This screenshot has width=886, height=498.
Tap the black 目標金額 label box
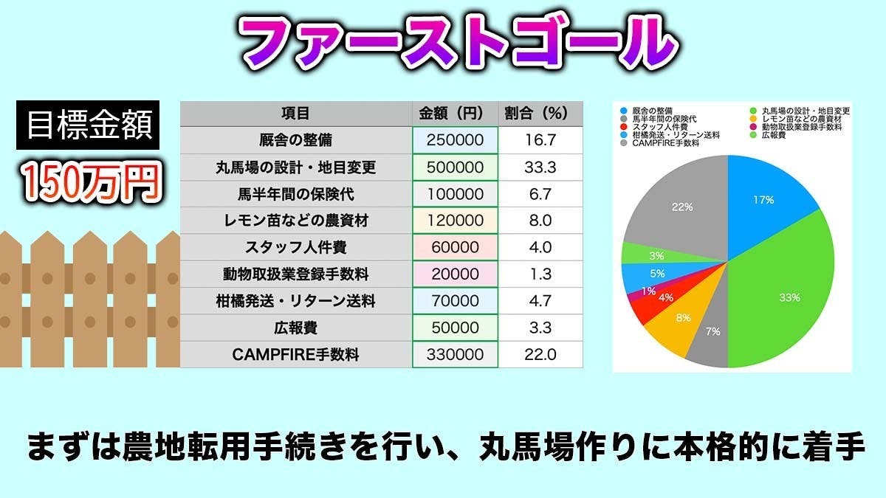tap(88, 125)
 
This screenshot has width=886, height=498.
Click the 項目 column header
tap(295, 114)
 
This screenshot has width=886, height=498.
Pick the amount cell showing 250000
tap(455, 140)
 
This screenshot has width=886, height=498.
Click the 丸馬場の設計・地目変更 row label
tap(295, 167)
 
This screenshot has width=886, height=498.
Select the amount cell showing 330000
tap(455, 354)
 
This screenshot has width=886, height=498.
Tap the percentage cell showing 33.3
tap(539, 167)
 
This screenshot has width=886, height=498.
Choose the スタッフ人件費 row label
tap(295, 247)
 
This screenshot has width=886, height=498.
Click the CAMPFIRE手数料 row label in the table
tap(295, 354)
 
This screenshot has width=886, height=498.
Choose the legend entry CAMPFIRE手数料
tap(662, 143)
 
